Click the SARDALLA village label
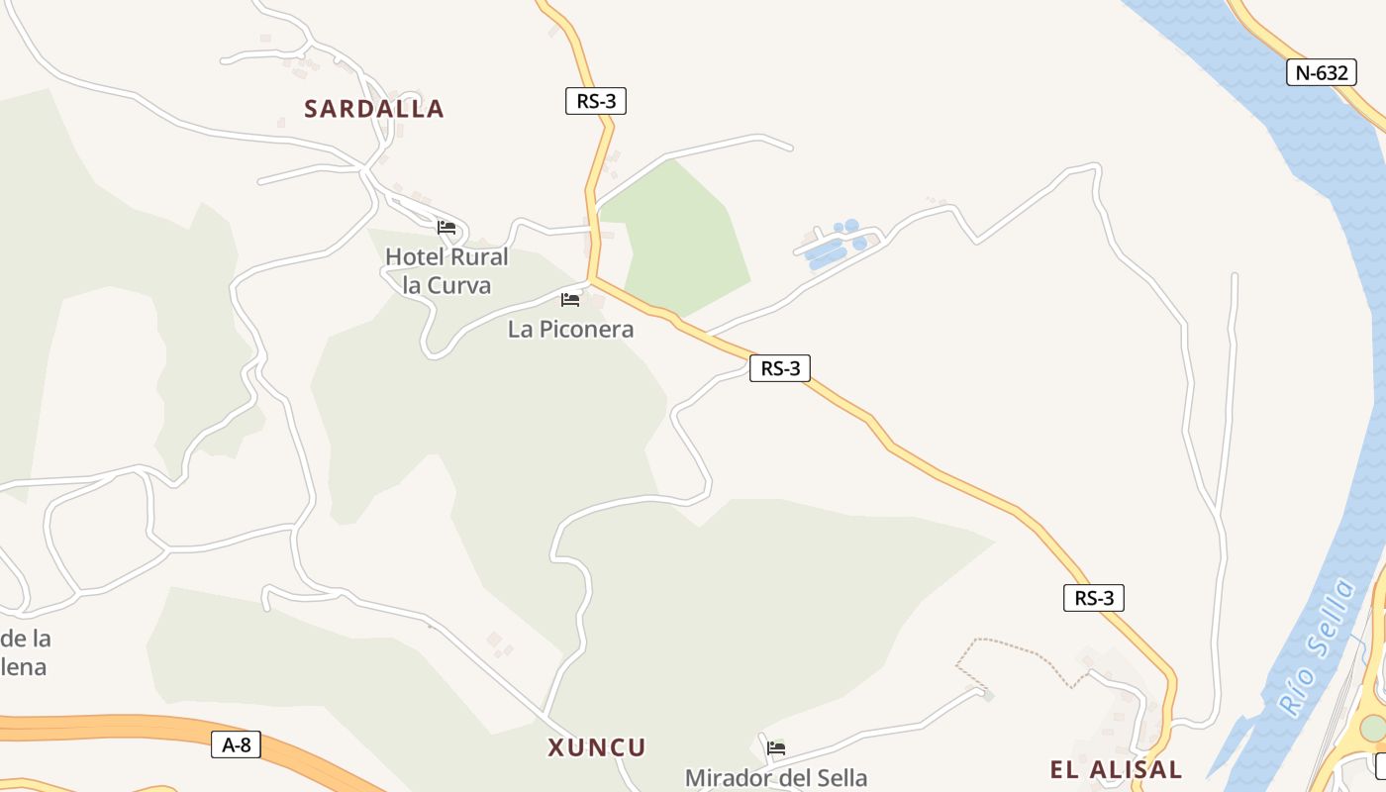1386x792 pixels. coord(373,109)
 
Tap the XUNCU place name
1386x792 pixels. coord(596,747)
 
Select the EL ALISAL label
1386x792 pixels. coord(1116,769)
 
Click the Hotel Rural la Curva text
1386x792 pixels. coord(446,270)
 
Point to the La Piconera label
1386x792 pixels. coord(570,329)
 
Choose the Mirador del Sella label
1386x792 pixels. coord(776,778)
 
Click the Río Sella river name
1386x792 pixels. coord(1316,647)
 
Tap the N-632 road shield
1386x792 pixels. coord(1321,72)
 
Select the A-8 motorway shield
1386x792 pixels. coord(237,744)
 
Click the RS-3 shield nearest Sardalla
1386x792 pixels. coord(596,101)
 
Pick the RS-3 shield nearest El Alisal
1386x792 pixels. coord(1094,598)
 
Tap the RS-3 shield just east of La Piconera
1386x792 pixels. coord(780,368)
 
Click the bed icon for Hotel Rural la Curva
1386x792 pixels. coord(446,228)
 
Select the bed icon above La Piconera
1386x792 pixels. coord(570,299)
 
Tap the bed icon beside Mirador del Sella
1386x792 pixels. coord(776,747)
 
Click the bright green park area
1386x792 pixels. coord(683,238)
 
